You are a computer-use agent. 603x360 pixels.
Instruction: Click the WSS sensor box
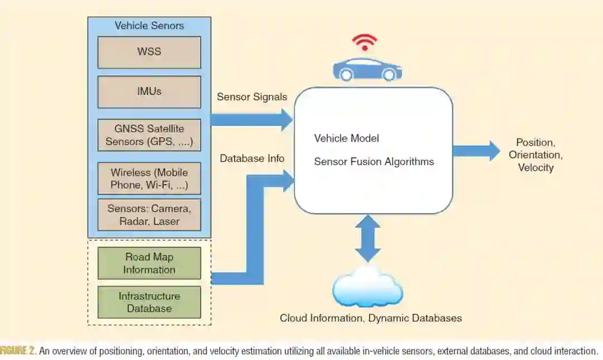(x=149, y=52)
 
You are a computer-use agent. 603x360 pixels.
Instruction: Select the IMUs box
(x=149, y=92)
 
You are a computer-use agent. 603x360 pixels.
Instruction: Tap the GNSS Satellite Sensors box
(x=149, y=135)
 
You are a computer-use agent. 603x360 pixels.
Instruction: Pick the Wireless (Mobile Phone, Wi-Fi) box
(x=149, y=178)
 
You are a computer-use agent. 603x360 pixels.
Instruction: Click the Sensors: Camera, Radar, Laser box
(x=149, y=215)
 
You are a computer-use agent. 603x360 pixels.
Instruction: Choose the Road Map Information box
(x=149, y=263)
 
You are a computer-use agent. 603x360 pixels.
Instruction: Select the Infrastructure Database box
(x=149, y=302)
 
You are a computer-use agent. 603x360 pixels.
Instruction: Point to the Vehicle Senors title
(x=149, y=26)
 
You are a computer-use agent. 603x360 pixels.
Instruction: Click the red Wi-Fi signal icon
(x=365, y=42)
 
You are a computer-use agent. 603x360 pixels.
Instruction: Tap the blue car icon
(x=367, y=69)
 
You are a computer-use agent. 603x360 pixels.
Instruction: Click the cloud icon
(x=367, y=286)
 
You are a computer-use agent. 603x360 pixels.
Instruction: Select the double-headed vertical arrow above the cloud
(x=368, y=238)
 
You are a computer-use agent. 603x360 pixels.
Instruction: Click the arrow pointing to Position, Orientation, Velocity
(x=476, y=151)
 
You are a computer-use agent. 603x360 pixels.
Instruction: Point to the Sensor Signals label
(x=252, y=97)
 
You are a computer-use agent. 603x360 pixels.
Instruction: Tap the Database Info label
(x=252, y=159)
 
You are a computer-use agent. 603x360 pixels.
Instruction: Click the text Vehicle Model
(x=347, y=138)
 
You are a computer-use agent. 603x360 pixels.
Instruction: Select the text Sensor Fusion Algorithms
(x=374, y=162)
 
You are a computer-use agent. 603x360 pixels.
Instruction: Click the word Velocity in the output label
(x=535, y=167)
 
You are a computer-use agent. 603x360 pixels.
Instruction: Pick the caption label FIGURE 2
(x=18, y=351)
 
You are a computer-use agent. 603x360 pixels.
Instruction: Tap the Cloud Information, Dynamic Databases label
(x=371, y=318)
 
